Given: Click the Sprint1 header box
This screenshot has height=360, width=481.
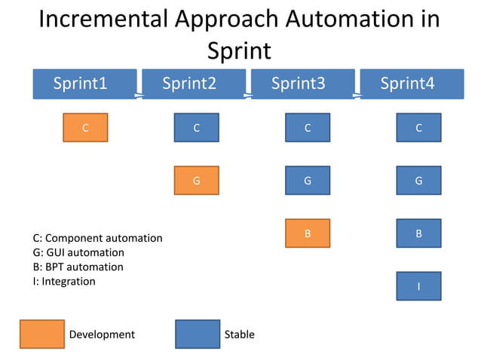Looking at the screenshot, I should (84, 84).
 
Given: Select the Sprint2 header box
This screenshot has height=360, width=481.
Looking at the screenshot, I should (194, 84).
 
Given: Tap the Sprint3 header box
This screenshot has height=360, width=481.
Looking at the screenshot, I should (302, 84).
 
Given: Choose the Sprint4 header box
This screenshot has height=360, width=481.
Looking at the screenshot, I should (412, 84).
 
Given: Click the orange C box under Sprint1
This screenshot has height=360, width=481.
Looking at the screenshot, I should (85, 128).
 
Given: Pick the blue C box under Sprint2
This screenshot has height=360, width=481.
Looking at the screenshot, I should (196, 128).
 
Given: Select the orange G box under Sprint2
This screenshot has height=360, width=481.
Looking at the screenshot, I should (196, 181).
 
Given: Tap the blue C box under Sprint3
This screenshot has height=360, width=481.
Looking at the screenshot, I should (308, 128).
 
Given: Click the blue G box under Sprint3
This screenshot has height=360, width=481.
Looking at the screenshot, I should (308, 181).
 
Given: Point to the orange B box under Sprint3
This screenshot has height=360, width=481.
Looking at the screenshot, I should (308, 233).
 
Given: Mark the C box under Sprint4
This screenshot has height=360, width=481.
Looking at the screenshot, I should (418, 128).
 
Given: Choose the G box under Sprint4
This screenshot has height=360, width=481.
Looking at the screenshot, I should (418, 181).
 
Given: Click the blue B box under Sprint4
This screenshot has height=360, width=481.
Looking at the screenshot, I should (418, 233).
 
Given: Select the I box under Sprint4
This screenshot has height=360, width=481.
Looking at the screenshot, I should (418, 286).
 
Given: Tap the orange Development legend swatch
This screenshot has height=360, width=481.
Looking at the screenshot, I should (41, 334).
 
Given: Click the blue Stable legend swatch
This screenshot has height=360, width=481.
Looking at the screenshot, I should (198, 334).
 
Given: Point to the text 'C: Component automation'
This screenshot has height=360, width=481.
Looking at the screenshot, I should (98, 238).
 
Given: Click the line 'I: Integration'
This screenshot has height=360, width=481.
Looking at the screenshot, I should (65, 281).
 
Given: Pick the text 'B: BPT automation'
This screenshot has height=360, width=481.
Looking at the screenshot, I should (78, 267).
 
